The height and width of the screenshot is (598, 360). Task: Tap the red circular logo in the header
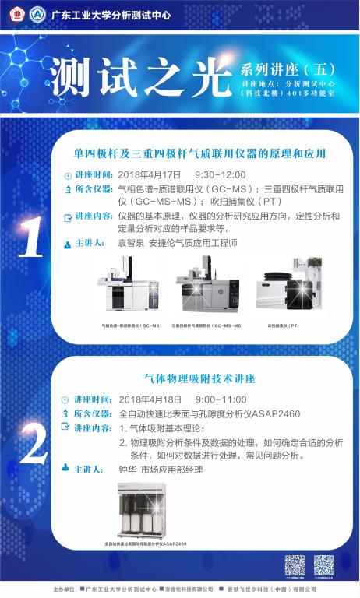coord(16,13)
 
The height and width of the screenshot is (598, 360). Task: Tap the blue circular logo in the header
coord(37,13)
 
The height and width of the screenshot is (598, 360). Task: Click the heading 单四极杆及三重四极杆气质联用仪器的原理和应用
coord(199,153)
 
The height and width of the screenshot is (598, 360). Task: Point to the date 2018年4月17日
coord(150,174)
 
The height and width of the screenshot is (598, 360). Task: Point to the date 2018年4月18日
coord(150,399)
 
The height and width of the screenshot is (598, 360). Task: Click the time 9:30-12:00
coord(220,174)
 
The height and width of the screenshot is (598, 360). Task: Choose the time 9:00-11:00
coord(220,399)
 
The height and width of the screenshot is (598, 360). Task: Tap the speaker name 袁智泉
coord(132,243)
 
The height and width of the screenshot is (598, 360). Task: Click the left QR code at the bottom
coord(295,565)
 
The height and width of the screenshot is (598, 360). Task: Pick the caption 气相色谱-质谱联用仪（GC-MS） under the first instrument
coord(131,325)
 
